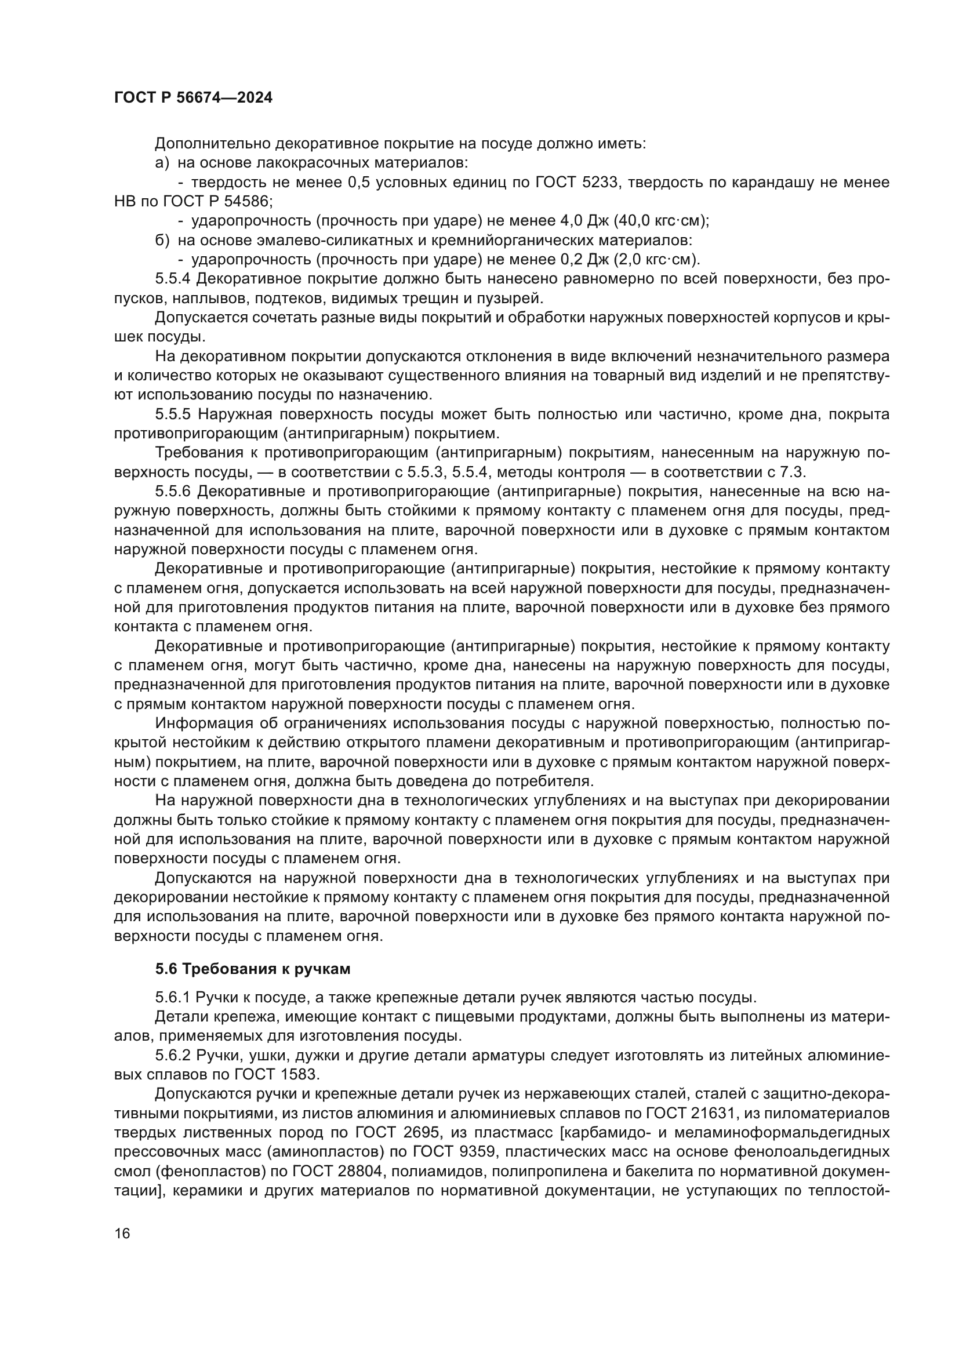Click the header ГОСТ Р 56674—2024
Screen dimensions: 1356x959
tap(193, 98)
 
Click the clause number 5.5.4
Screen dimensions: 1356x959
tap(172, 279)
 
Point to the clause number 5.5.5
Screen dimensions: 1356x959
tap(172, 415)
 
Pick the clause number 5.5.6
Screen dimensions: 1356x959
tap(172, 492)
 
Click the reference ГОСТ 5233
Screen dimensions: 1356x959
tap(576, 183)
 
